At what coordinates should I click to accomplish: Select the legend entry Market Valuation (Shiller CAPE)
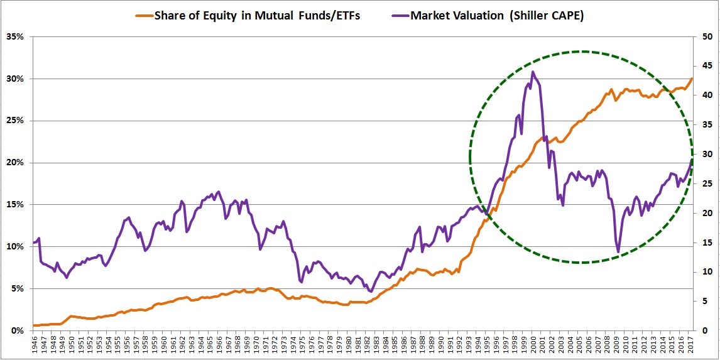[496, 16]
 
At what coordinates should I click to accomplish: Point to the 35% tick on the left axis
[14, 36]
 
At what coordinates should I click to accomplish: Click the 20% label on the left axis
[14, 163]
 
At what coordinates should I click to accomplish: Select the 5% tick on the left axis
[16, 289]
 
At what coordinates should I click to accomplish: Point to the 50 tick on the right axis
[706, 36]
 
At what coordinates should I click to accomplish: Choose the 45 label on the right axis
[706, 66]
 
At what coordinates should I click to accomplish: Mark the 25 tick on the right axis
[706, 184]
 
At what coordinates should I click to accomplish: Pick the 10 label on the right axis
[706, 272]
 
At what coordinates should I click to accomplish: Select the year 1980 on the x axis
[349, 346]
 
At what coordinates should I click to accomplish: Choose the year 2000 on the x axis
[533, 346]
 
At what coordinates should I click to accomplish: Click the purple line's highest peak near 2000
[533, 72]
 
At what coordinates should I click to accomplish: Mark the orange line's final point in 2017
[692, 79]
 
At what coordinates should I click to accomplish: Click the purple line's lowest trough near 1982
[371, 292]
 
